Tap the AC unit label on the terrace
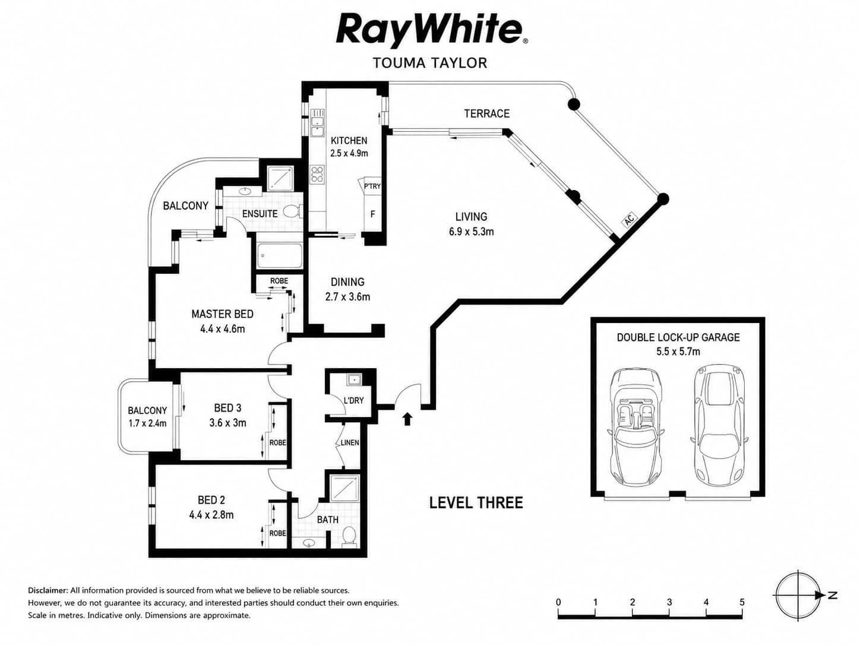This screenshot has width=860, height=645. tap(629, 220)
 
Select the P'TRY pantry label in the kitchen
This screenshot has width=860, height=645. tap(372, 186)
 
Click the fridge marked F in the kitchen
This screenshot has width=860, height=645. tap(372, 214)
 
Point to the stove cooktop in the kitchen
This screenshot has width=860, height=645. tap(317, 175)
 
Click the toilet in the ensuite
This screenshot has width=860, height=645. tap(292, 211)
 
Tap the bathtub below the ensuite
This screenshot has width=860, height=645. tap(279, 256)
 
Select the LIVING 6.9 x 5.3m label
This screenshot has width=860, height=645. tap(472, 224)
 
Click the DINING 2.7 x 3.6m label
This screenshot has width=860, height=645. tap(347, 289)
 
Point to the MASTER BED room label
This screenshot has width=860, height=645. tap(223, 314)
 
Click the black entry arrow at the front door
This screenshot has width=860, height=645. tap(407, 419)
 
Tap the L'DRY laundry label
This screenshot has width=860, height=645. tap(353, 400)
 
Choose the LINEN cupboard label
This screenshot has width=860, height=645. tap(350, 442)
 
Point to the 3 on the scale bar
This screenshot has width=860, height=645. tap(669, 602)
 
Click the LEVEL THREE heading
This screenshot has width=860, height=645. tap(476, 503)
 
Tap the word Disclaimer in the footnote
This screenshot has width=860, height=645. tap(48, 590)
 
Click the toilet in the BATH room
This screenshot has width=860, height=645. tap(349, 536)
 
